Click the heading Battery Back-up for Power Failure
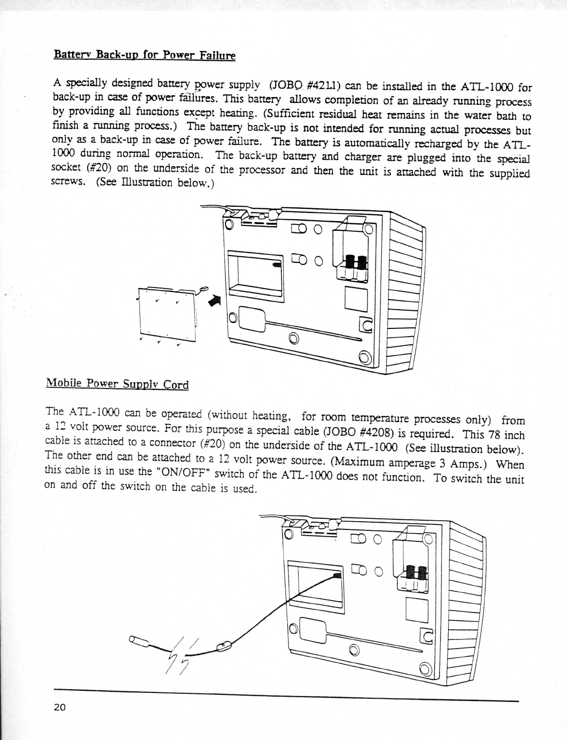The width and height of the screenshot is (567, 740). (144, 54)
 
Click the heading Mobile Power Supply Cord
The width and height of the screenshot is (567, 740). (117, 384)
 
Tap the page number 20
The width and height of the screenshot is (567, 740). (60, 707)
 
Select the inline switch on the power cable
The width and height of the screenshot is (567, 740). (223, 646)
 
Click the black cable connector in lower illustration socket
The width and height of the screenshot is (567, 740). (336, 576)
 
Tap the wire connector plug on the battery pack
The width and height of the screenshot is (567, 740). (202, 289)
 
